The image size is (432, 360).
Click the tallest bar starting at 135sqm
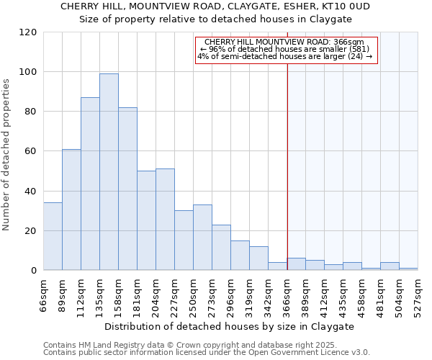109,172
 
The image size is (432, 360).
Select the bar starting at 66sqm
53,237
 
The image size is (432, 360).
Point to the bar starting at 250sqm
202,238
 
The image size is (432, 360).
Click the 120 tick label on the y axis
28,32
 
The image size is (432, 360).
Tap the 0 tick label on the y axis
34,271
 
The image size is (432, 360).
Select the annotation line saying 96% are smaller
286,49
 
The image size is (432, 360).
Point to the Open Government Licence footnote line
206,353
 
